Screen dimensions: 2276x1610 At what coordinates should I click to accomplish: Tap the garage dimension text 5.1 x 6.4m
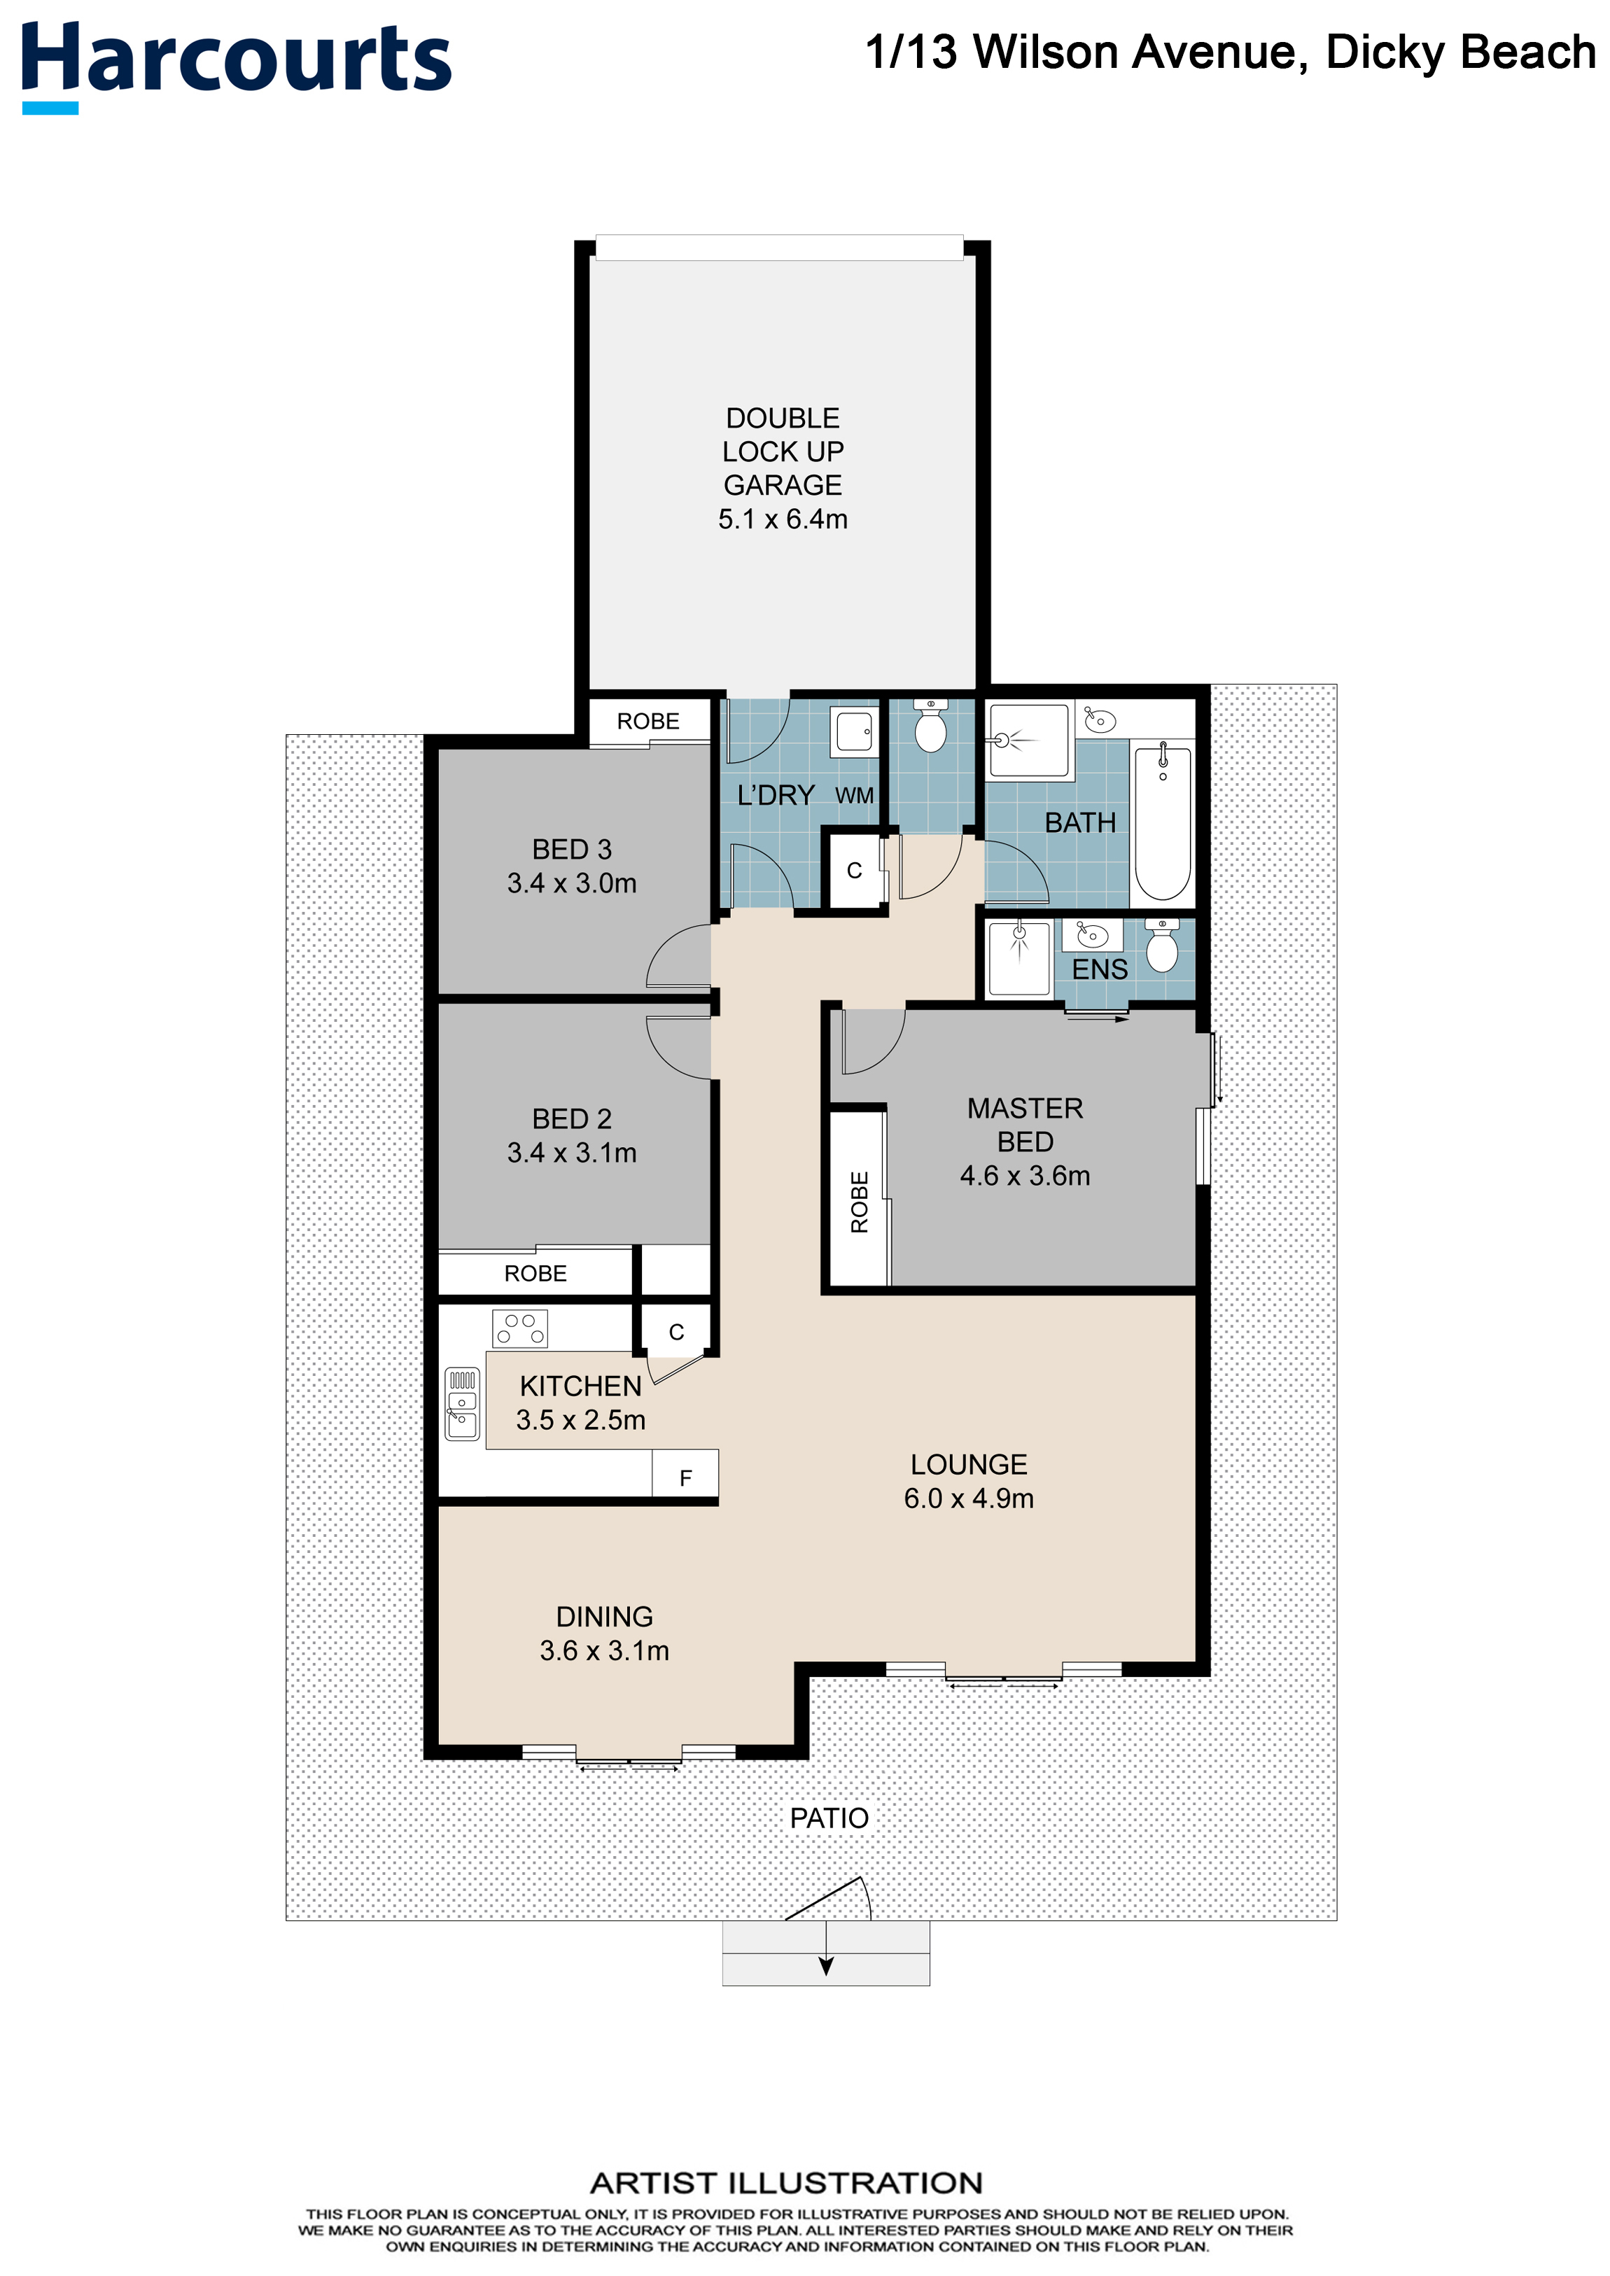[x=782, y=519]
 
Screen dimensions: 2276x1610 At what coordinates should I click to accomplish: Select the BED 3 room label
[x=572, y=850]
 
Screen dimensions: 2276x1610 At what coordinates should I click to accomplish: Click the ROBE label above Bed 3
[x=648, y=722]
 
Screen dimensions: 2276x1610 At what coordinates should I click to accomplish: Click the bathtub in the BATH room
[x=1162, y=822]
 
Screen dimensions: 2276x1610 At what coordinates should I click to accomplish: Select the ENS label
[x=1100, y=969]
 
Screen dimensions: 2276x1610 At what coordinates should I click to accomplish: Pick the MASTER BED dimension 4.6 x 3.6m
[x=1025, y=1176]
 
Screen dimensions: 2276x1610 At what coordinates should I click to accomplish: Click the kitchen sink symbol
[x=462, y=1404]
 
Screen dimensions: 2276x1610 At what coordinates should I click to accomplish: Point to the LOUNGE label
[x=969, y=1464]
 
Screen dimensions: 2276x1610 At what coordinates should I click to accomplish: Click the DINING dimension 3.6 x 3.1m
[x=605, y=1650]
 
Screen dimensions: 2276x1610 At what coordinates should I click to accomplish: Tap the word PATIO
[x=829, y=1818]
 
